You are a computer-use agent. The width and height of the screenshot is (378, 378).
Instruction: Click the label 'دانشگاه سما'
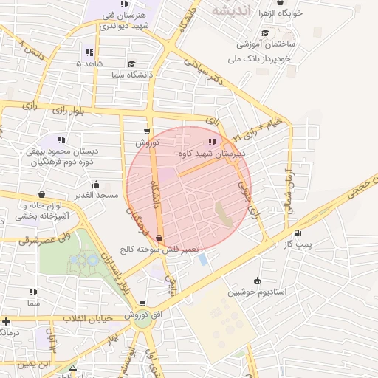(131, 75)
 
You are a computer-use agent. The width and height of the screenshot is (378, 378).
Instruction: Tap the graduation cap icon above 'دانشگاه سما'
(131, 64)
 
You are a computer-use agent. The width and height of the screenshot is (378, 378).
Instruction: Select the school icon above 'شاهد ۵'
(89, 52)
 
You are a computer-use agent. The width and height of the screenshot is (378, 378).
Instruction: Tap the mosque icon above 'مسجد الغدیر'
(96, 184)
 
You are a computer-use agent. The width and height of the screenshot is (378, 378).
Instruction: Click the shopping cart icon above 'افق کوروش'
(142, 303)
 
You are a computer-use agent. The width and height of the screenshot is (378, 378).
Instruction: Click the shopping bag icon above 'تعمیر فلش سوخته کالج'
(159, 238)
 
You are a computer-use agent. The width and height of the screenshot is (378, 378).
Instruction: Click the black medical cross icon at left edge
(6, 321)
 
